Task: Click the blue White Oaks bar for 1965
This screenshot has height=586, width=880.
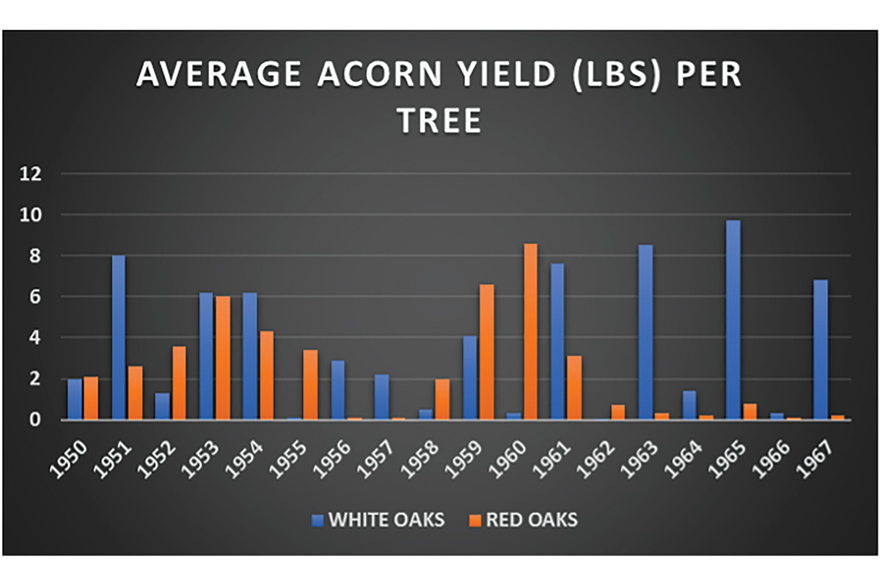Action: pyautogui.click(x=733, y=320)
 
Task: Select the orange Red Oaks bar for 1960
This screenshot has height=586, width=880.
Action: pyautogui.click(x=530, y=332)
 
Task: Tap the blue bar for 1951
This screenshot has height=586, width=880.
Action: pyautogui.click(x=118, y=338)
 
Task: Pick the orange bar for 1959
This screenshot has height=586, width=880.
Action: pyautogui.click(x=486, y=352)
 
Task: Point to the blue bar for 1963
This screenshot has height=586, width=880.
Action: pyautogui.click(x=645, y=332)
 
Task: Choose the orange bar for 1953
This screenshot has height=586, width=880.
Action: pyautogui.click(x=223, y=358)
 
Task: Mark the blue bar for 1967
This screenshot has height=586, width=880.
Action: pyautogui.click(x=821, y=349)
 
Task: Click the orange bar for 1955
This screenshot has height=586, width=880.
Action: pyautogui.click(x=310, y=385)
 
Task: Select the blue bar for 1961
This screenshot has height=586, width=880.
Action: pyautogui.click(x=557, y=341)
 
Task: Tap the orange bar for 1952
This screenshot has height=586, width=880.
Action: pyautogui.click(x=179, y=383)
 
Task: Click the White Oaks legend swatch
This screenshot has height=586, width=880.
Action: pyautogui.click(x=318, y=521)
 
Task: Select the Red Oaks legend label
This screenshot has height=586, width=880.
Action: pyautogui.click(x=532, y=519)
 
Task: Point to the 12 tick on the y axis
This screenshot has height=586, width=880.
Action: pyautogui.click(x=31, y=174)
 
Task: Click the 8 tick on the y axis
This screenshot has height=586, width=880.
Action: pyautogui.click(x=35, y=256)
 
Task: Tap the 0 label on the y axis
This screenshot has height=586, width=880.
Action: pyautogui.click(x=35, y=420)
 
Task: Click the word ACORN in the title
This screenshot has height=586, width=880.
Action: pyautogui.click(x=380, y=74)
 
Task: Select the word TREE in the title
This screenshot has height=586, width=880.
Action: pyautogui.click(x=440, y=121)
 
